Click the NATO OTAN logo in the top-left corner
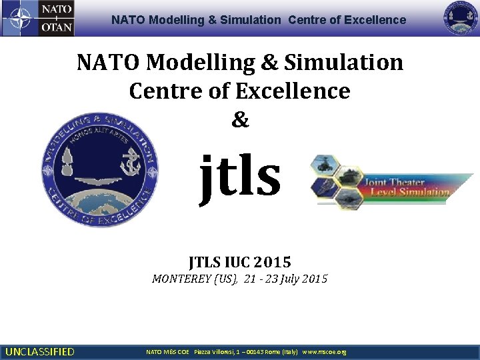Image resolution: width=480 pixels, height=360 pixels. [x=38, y=18]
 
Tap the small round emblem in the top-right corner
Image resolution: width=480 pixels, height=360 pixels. [x=461, y=18]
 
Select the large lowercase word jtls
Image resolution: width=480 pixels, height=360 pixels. [x=241, y=175]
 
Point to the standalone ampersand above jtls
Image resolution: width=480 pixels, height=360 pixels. [x=240, y=120]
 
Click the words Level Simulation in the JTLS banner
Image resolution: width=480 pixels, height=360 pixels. [x=409, y=192]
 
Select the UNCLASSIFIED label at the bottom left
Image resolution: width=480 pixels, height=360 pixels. [x=39, y=351]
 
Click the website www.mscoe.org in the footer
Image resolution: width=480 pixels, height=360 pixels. [x=324, y=351]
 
